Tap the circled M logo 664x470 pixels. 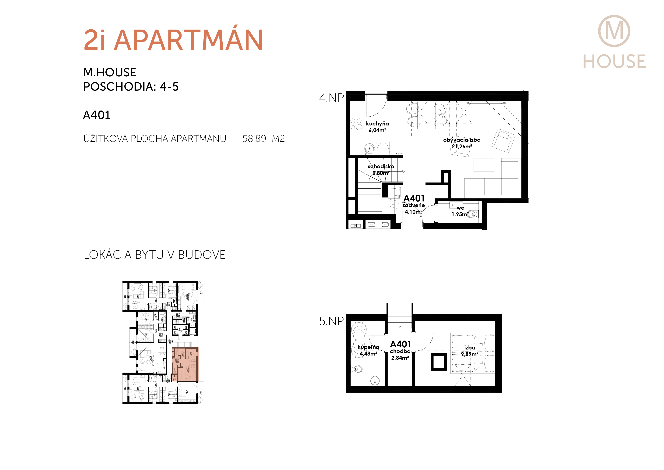(x=614, y=31)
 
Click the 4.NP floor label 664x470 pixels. (x=331, y=98)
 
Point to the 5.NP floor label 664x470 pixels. (x=331, y=321)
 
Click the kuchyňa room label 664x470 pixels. (x=377, y=124)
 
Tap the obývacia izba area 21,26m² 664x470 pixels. (x=462, y=146)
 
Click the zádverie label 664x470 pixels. (x=414, y=205)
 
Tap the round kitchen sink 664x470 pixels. (x=369, y=149)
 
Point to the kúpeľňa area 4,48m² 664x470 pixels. (x=368, y=354)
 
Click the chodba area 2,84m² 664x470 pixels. (x=400, y=358)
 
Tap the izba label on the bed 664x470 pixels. (x=469, y=348)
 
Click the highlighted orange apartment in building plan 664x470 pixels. (x=185, y=364)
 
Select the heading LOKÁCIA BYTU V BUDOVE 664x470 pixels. (x=154, y=255)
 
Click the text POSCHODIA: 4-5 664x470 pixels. (x=131, y=87)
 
